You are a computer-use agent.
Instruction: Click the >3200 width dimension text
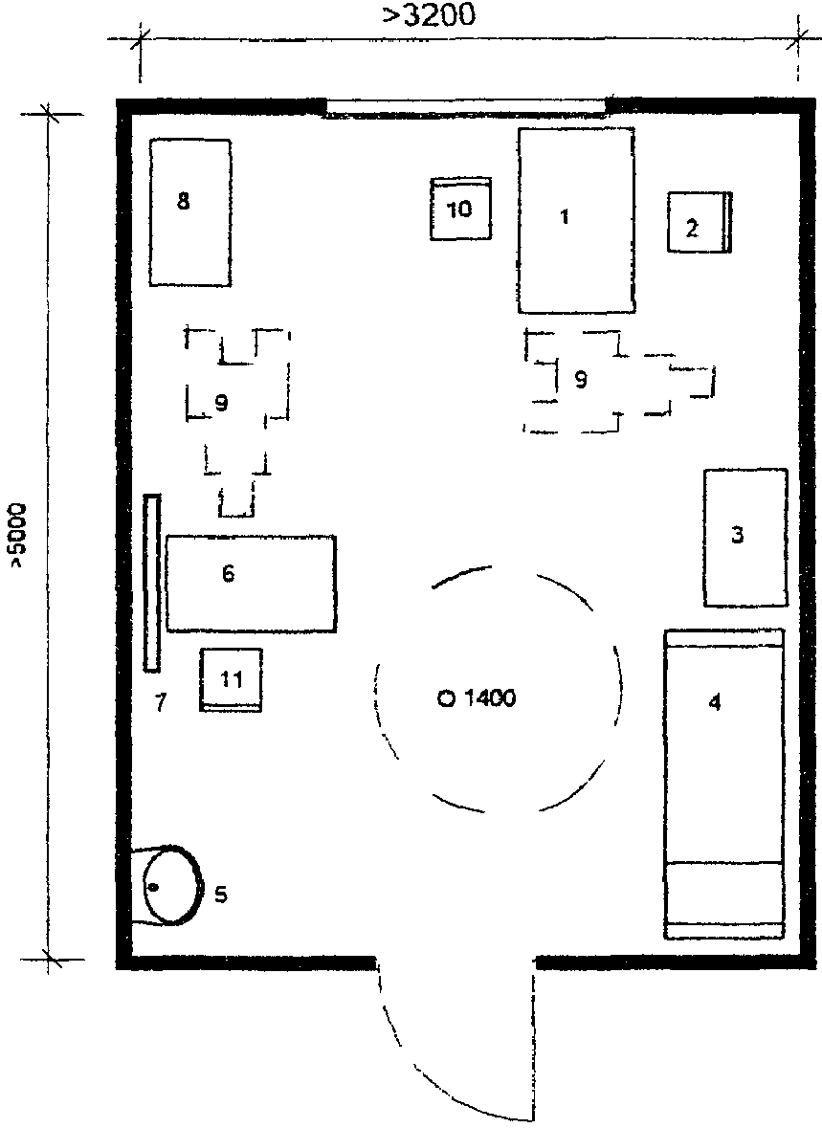coord(429,14)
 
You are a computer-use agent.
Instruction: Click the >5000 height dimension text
coord(17,536)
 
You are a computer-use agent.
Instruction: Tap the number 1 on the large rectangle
coord(565,216)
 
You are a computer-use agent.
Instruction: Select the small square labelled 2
coord(699,222)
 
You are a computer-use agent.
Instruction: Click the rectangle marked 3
coord(745,538)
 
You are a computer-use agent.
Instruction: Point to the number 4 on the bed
coord(714,701)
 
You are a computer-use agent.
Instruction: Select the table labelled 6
coord(252,585)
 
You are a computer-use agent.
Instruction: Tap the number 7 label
coord(161,701)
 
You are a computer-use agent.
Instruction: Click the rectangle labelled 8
coord(190,212)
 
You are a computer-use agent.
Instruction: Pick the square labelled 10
coord(460,209)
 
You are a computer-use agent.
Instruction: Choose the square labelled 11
coord(231,680)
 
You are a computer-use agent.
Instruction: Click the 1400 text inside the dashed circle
coord(489,697)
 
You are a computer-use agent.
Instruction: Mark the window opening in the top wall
coord(466,109)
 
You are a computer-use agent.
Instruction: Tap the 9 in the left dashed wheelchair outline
coord(221,403)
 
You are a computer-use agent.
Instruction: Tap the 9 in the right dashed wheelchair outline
coord(581,379)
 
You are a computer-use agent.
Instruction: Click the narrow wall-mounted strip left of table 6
coord(152,583)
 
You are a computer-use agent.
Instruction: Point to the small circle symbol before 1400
coord(446,697)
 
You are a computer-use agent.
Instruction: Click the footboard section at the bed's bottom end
coord(723,899)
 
